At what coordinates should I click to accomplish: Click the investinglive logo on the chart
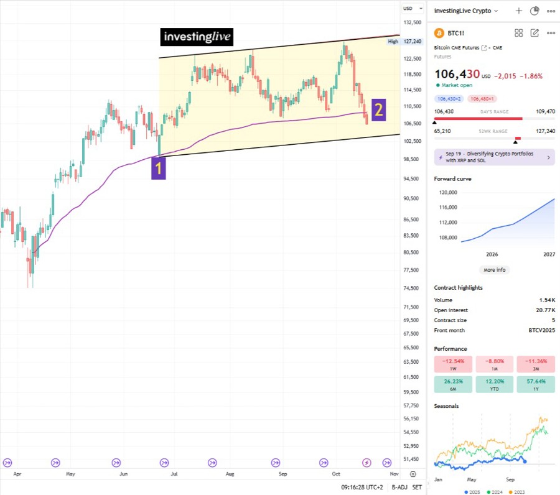[197, 37]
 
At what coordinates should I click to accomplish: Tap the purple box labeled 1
[159, 168]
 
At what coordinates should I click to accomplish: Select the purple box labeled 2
[378, 109]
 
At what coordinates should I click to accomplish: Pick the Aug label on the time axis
[230, 474]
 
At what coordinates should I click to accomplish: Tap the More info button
[495, 270]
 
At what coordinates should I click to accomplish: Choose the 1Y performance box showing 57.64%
[536, 384]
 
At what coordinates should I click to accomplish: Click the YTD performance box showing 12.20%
[494, 384]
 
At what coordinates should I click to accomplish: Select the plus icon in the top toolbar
[519, 11]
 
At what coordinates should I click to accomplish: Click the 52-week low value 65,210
[442, 132]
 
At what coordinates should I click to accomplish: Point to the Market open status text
[457, 85]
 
